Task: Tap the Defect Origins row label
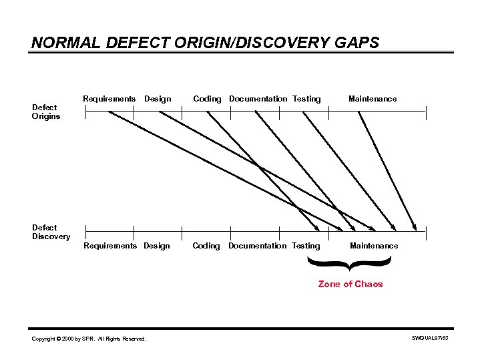point(46,112)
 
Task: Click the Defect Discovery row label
point(51,232)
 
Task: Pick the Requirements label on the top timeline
point(109,99)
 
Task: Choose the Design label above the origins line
point(158,99)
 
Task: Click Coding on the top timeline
point(207,99)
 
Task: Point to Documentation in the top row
point(258,99)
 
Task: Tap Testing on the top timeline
point(306,99)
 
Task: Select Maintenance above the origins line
point(373,99)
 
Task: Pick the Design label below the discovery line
point(157,246)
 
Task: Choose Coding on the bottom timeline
point(206,246)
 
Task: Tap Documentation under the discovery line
point(257,246)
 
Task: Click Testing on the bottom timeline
point(306,246)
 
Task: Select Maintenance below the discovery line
point(374,246)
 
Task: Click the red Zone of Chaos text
point(350,284)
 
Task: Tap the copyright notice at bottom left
point(89,339)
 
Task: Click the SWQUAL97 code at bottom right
point(431,339)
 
